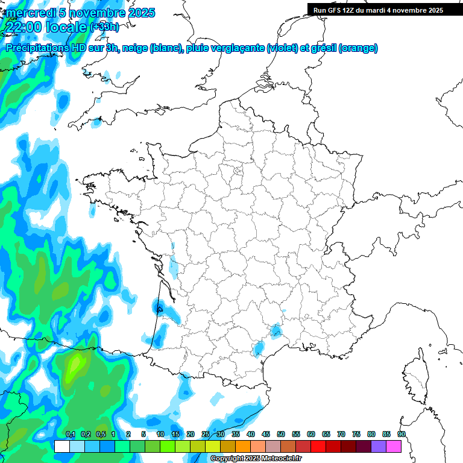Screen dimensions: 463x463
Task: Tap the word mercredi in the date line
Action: coord(28,13)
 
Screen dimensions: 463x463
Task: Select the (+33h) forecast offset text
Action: coord(104,27)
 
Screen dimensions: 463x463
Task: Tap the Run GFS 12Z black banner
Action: coord(385,10)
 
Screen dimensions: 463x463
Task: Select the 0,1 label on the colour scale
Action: coord(70,435)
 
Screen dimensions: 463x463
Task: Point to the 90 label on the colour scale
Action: coord(402,435)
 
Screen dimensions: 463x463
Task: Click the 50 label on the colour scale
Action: coord(281,435)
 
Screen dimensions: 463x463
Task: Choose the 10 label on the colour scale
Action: coord(160,435)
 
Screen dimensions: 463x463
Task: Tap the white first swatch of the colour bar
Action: coord(61,446)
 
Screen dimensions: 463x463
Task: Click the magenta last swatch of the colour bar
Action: coord(393,446)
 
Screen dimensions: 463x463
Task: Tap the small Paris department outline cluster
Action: coord(238,172)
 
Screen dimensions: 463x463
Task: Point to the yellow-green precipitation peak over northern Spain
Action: coord(76,364)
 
